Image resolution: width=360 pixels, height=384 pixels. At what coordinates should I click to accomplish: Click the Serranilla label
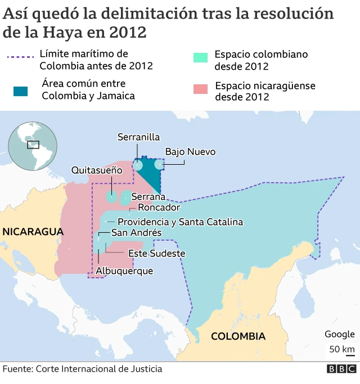tap(138, 137)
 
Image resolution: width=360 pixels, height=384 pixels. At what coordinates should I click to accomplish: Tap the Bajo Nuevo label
tap(190, 152)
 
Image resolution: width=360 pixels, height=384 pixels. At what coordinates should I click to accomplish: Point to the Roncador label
tap(159, 207)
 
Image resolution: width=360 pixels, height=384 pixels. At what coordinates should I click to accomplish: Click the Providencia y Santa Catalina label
tap(180, 222)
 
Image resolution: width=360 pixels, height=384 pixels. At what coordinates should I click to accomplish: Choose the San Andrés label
tap(136, 233)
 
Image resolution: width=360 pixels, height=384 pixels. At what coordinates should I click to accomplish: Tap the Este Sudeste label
tap(157, 254)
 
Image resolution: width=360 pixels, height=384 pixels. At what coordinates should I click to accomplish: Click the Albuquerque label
tap(124, 271)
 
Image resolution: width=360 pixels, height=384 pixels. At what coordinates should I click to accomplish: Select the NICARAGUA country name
tap(33, 232)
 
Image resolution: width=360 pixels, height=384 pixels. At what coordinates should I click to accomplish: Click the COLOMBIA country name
tap(238, 336)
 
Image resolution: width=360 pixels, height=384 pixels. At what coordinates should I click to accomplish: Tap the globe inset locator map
tap(33, 146)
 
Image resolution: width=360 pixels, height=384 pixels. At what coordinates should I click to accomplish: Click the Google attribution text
tap(339, 335)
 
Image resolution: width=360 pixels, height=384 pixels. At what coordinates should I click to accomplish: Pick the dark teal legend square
tap(21, 91)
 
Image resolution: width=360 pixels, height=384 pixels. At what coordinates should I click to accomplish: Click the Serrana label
tap(148, 197)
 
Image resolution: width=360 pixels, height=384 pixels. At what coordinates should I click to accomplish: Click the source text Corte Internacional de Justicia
tap(98, 369)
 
